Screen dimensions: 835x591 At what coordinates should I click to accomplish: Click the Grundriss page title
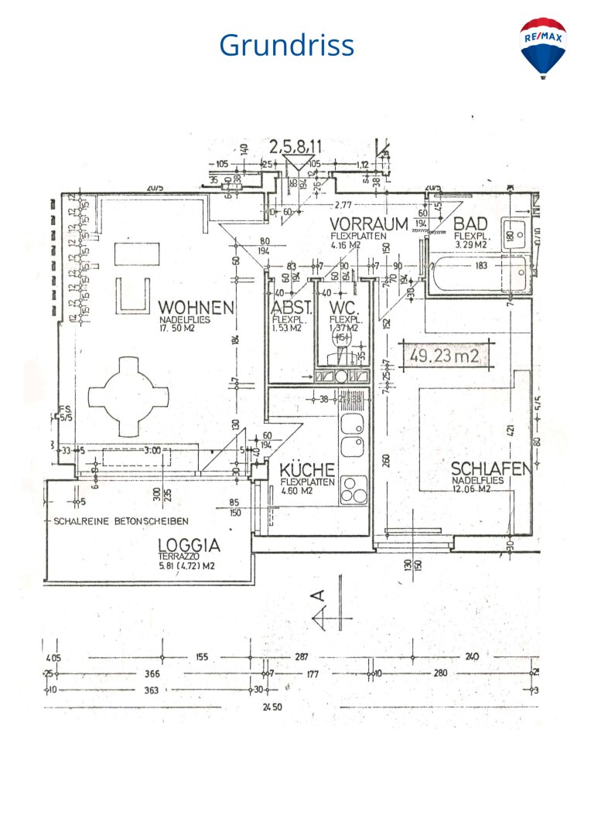286,45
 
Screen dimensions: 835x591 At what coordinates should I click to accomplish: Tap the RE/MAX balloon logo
543,47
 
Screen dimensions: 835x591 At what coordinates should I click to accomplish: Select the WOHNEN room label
196,308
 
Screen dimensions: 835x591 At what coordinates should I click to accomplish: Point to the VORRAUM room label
369,224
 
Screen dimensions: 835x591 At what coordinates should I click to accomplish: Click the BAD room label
470,224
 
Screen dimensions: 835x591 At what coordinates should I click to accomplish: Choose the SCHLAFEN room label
490,469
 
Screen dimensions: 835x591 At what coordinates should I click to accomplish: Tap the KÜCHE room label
307,469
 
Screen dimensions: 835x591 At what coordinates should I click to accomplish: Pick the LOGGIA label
189,545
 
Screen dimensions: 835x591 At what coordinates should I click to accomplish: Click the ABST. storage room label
290,307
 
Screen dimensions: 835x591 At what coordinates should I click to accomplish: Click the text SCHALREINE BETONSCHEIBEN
121,520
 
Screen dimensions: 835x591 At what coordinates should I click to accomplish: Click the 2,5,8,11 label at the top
295,145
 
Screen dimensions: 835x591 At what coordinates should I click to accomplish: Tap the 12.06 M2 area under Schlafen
477,489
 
